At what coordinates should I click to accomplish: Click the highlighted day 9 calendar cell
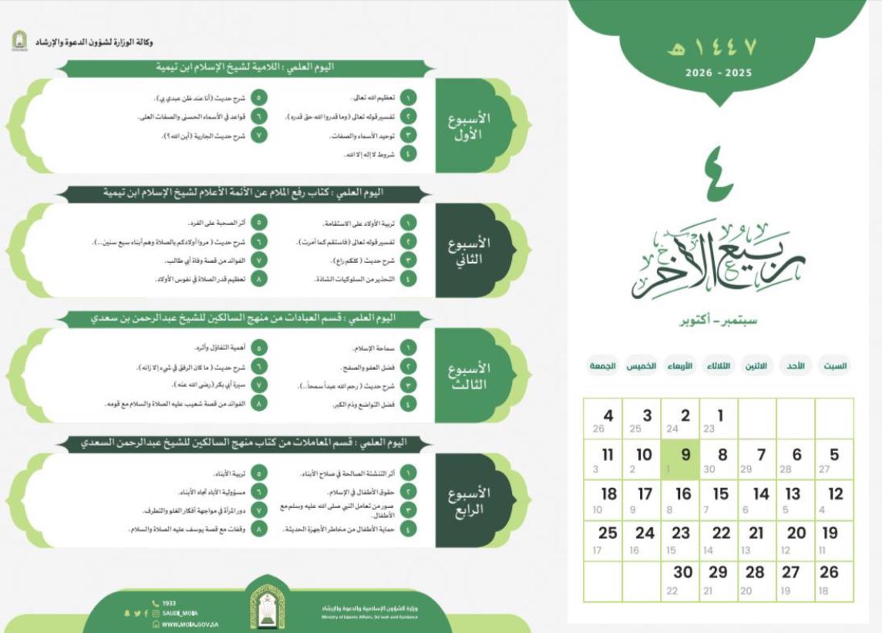click(x=679, y=460)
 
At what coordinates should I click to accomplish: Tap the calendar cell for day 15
click(x=718, y=499)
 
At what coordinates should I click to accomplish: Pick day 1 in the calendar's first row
click(x=718, y=421)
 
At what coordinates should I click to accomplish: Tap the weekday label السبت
click(x=833, y=366)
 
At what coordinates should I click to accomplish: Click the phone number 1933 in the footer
click(x=169, y=604)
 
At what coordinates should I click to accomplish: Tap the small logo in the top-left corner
click(x=19, y=42)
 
